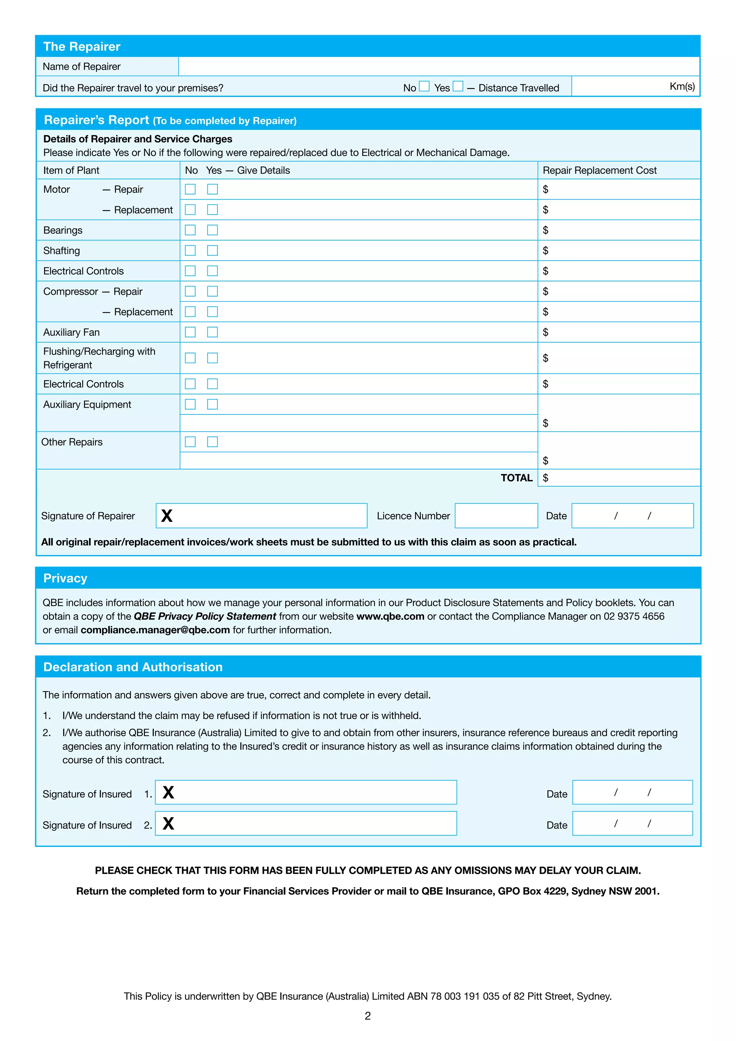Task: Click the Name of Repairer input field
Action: pos(439,66)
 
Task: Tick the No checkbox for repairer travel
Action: pos(424,86)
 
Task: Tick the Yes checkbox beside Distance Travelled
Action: pos(458,86)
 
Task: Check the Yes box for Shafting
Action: pos(212,251)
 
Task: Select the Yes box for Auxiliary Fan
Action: pos(212,333)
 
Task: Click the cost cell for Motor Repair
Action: pos(619,189)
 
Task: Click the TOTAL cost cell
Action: pos(619,478)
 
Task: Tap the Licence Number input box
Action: pos(496,516)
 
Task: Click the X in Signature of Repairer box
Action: pos(167,516)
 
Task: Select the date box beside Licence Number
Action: pos(632,516)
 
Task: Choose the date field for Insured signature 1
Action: pos(632,793)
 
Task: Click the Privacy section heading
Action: pos(65,578)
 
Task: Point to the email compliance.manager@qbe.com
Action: pos(155,630)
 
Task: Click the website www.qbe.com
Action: pos(390,616)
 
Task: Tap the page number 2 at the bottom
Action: pos(368,1016)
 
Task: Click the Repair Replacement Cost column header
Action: pos(599,170)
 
